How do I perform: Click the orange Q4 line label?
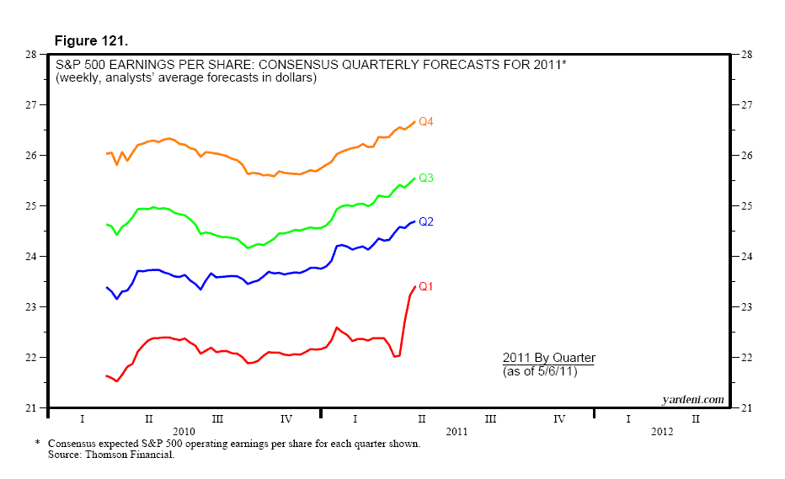(x=426, y=122)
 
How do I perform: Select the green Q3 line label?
(x=426, y=178)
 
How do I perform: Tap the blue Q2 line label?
(x=426, y=221)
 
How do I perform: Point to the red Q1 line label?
(x=426, y=287)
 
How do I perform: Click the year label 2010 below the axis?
(x=184, y=431)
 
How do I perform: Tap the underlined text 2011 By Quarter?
(x=548, y=358)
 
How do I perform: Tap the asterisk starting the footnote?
(x=38, y=443)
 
